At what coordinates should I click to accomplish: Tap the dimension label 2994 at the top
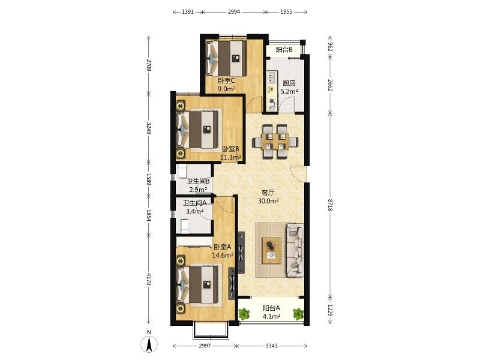234,12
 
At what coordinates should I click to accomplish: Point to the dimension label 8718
330,205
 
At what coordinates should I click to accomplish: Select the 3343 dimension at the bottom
272,346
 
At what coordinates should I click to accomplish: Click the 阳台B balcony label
284,50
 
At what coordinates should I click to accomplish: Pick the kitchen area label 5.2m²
289,91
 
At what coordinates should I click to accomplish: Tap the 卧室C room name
226,81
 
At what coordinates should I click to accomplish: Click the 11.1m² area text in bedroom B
231,157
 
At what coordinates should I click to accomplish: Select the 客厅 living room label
268,193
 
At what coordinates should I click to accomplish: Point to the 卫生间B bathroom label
198,181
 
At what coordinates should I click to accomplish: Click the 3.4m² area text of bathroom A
195,211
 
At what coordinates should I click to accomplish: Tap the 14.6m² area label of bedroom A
223,254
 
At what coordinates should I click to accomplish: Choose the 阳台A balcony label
272,308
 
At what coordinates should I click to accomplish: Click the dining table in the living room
275,142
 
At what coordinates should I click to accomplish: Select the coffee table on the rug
272,250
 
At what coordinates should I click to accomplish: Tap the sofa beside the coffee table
295,250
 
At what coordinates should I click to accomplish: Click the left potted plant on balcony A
244,313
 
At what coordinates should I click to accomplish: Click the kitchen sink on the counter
272,77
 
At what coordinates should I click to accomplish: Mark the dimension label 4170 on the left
149,279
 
